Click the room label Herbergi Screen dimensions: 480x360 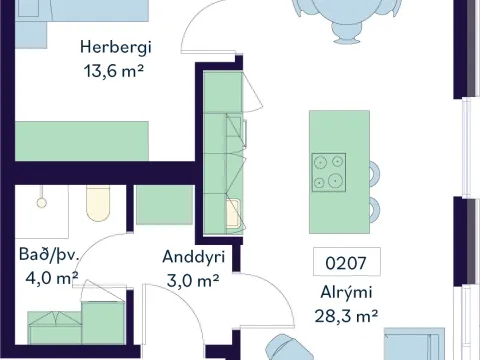pos(116,48)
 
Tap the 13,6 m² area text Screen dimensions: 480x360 pos(114,71)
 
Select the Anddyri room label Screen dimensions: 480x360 pos(194,257)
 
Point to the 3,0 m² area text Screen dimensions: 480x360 pos(193,281)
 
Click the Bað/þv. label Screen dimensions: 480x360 pos(49,255)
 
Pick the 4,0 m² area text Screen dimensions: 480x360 pos(52,278)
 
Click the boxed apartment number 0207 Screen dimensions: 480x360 pos(346,263)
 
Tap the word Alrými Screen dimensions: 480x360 pos(346,293)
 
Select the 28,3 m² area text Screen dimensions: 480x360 pos(346,316)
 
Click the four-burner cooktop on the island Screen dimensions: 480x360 pos(329,172)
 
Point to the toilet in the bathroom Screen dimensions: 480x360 pos(98,203)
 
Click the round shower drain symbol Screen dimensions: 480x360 pos(41,203)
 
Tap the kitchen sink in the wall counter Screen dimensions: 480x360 pos(233,213)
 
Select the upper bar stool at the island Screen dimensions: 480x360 pos(375,173)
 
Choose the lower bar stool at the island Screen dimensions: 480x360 pos(375,209)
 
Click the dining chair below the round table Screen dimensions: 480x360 pos(346,33)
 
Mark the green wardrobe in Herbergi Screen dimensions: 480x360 pos(82,141)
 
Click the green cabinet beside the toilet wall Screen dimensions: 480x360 pos(165,205)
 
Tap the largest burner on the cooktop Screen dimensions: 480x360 pos(335,181)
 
